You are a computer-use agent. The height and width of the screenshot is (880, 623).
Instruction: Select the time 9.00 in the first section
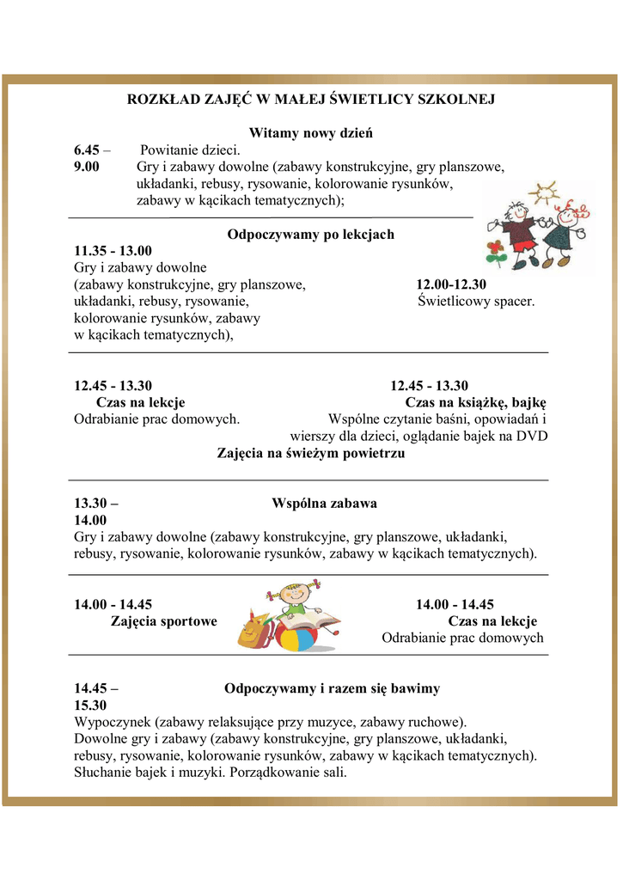tap(87, 167)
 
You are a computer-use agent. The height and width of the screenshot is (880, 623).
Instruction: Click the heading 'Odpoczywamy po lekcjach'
tap(310, 235)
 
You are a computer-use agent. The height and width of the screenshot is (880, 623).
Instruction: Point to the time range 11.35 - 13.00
tap(113, 251)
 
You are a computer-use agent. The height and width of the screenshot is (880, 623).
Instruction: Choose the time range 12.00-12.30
tap(451, 284)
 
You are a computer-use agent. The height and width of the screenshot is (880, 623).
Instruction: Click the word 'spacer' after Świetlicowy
tap(515, 302)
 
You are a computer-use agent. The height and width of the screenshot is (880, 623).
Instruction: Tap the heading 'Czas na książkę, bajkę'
tap(476, 402)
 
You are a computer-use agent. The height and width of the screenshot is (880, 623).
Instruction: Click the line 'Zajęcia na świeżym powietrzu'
tap(310, 453)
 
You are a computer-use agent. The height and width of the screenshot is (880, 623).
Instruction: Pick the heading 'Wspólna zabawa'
tap(324, 503)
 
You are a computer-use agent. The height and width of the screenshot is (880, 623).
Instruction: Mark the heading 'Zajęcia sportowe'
tap(163, 621)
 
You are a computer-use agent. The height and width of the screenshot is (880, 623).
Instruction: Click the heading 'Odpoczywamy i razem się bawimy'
tap(332, 688)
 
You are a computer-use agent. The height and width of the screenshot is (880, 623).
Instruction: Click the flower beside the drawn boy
tap(496, 251)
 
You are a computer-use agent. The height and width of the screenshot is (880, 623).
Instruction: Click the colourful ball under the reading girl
tap(294, 640)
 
